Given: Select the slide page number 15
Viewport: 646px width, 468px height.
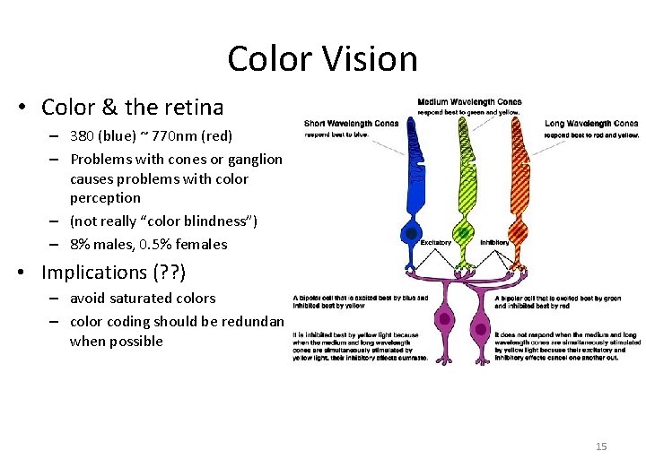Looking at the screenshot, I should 601,446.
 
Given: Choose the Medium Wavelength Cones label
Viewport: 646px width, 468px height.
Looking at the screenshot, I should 469,101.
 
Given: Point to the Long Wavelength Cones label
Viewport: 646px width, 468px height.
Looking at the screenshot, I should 591,124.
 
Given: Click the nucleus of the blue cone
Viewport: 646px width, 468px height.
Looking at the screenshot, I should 410,233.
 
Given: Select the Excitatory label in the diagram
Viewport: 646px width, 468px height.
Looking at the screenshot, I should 436,242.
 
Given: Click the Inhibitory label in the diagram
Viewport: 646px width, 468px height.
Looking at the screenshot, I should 494,242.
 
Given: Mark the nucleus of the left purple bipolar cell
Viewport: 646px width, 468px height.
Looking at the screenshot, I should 442,317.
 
